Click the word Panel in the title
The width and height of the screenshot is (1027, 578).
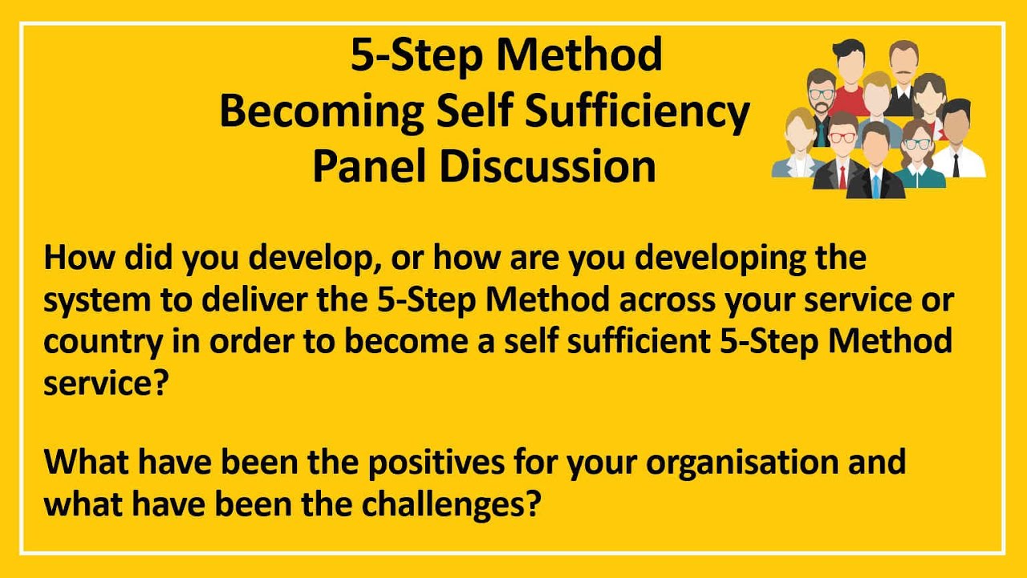[371, 166]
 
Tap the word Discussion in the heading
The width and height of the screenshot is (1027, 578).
[548, 166]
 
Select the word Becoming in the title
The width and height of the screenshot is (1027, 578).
[322, 112]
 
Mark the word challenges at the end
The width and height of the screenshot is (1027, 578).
[449, 505]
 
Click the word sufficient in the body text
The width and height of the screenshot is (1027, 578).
[639, 342]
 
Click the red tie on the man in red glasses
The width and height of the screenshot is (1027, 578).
[842, 177]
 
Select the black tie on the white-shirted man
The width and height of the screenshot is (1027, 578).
[956, 165]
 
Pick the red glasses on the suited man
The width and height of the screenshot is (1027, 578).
[842, 136]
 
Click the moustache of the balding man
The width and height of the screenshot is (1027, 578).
[903, 72]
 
